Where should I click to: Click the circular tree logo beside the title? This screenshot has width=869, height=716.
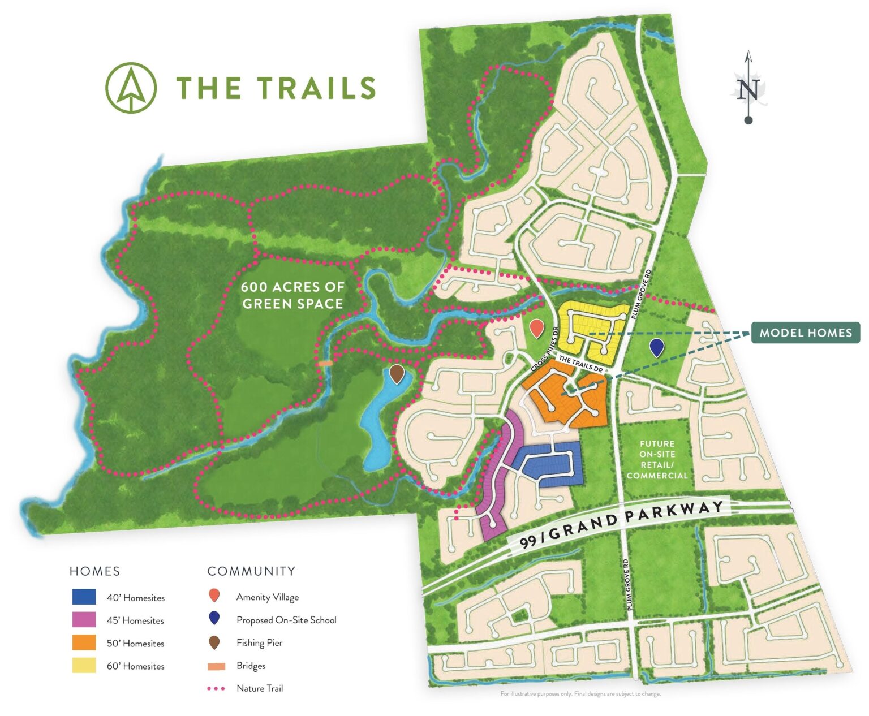click(131, 88)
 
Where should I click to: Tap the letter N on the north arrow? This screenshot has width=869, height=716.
click(748, 90)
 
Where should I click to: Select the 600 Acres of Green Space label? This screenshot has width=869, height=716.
click(292, 295)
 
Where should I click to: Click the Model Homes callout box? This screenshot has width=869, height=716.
click(805, 333)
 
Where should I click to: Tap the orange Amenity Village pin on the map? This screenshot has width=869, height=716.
click(536, 327)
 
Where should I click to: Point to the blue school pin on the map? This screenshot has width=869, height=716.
click(656, 347)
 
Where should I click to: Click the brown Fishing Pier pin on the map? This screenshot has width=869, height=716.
click(397, 373)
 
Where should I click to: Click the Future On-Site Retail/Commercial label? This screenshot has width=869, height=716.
click(657, 460)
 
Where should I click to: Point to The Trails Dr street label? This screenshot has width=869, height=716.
click(580, 364)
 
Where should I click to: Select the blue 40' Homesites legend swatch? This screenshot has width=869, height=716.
click(84, 597)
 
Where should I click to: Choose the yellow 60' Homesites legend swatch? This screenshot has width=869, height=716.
click(84, 666)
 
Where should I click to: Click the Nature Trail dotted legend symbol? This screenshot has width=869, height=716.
click(216, 688)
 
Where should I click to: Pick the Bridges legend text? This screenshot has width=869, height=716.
click(251, 666)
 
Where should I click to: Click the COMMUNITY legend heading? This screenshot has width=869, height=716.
click(251, 571)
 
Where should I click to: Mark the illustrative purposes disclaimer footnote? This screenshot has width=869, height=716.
click(580, 693)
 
